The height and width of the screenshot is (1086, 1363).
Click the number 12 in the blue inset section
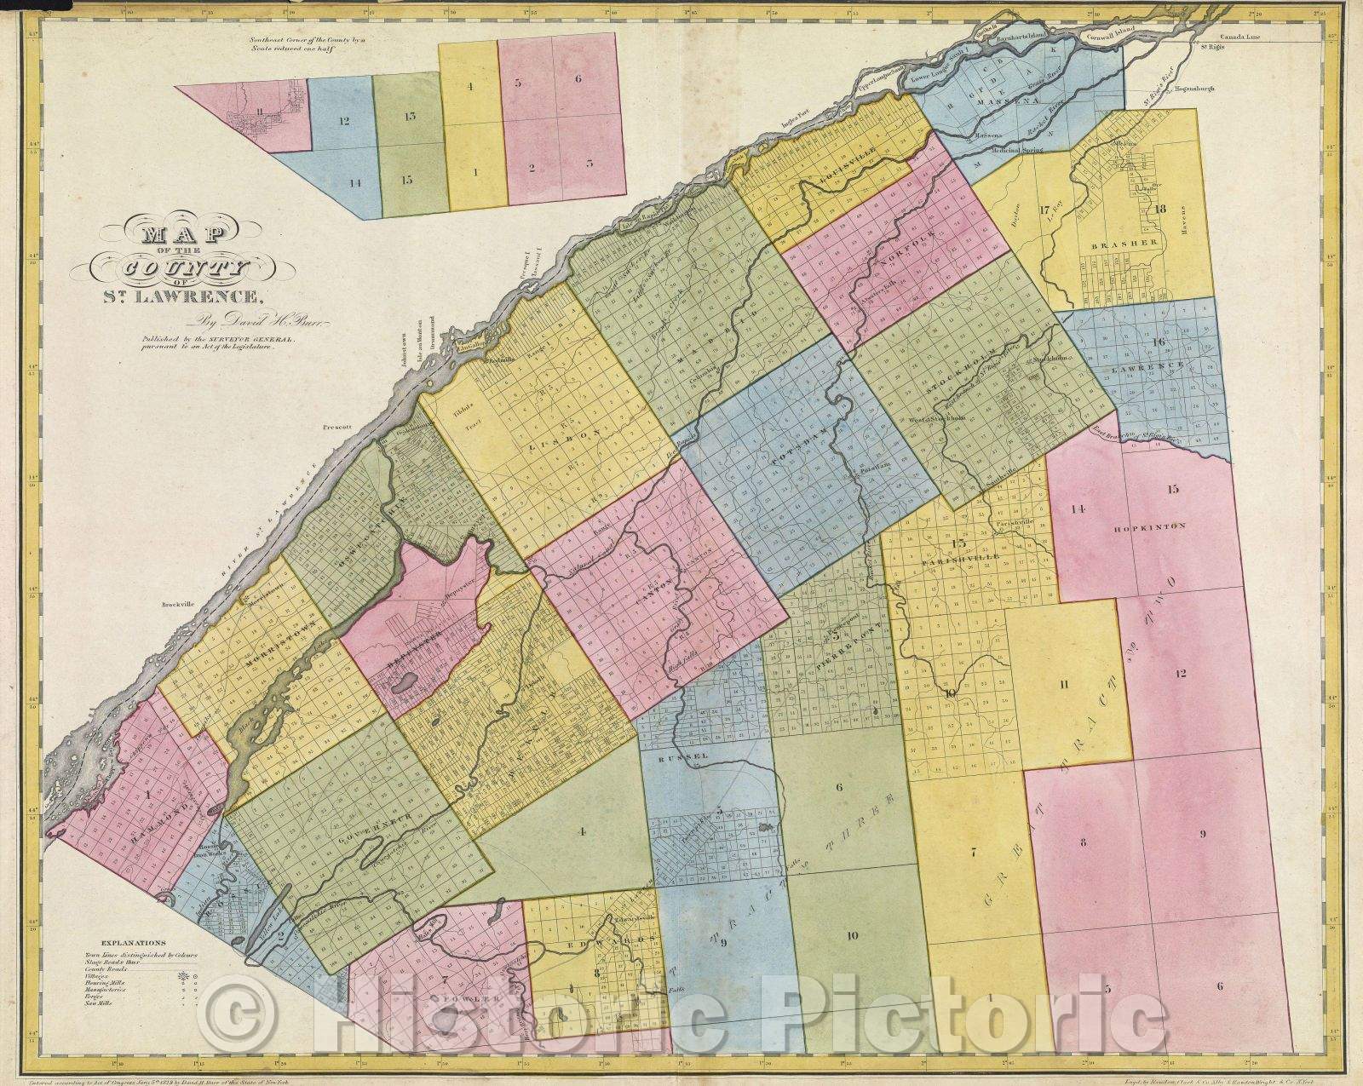344,121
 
